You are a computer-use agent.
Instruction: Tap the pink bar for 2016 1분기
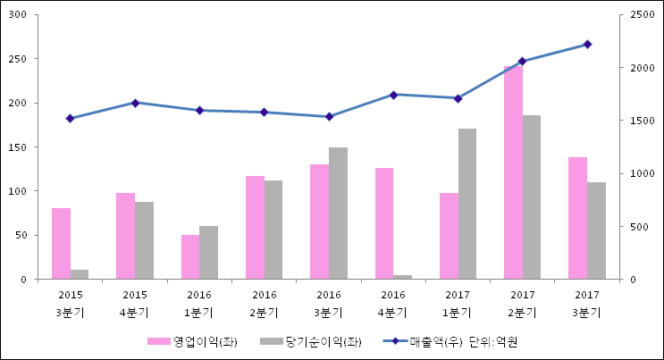(x=190, y=257)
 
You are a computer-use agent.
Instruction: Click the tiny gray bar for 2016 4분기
(x=403, y=277)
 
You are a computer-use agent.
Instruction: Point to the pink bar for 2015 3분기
(x=61, y=244)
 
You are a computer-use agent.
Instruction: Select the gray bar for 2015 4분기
(x=145, y=240)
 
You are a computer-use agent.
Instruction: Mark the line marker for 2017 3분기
(x=587, y=44)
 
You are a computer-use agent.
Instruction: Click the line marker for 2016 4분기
(x=393, y=95)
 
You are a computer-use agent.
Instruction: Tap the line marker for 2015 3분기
(x=70, y=118)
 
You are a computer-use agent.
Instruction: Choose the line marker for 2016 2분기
(x=264, y=113)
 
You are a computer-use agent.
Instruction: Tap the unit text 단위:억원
(x=493, y=341)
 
